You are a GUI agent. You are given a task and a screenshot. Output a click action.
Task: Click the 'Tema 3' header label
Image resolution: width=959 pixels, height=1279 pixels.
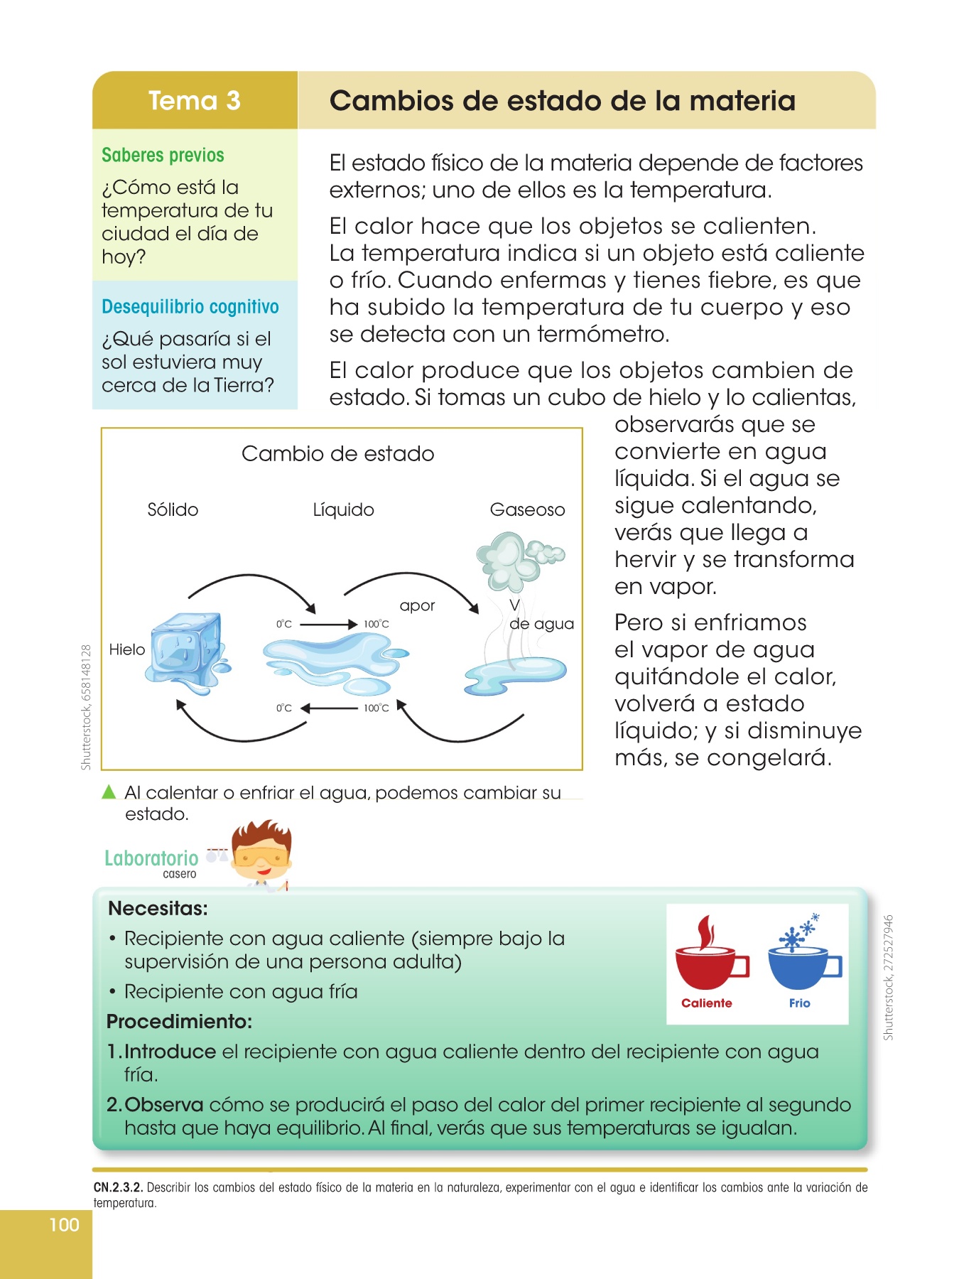194,101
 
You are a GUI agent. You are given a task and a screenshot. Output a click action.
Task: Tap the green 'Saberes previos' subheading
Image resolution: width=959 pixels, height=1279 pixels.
163,155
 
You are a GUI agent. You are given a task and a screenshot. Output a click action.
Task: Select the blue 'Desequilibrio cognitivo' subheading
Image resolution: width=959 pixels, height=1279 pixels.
190,307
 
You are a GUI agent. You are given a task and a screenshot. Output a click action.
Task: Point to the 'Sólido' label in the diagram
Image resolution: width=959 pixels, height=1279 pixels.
173,509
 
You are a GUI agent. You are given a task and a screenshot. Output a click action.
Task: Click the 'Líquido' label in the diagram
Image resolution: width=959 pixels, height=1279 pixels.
343,509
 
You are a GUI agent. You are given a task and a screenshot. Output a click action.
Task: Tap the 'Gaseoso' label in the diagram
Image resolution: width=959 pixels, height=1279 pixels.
527,509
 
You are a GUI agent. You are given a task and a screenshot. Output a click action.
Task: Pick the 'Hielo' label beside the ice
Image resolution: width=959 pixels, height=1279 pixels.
127,649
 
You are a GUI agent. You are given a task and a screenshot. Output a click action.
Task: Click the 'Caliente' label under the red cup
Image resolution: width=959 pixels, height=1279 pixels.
707,1003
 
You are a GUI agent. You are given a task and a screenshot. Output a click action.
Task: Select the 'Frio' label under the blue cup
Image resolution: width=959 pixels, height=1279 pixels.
799,1003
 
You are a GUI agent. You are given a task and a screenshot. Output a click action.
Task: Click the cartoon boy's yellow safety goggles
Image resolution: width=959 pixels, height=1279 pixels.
261,858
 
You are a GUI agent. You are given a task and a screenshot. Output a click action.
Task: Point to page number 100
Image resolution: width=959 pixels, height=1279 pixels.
64,1224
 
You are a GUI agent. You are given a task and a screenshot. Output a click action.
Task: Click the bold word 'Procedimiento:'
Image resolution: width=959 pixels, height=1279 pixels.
180,1022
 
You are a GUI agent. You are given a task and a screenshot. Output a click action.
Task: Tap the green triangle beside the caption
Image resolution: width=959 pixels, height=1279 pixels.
109,792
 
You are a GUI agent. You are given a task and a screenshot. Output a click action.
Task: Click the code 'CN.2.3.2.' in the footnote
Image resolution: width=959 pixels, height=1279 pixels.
118,1187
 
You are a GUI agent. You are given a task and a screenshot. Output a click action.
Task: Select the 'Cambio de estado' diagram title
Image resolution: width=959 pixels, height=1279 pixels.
337,453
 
